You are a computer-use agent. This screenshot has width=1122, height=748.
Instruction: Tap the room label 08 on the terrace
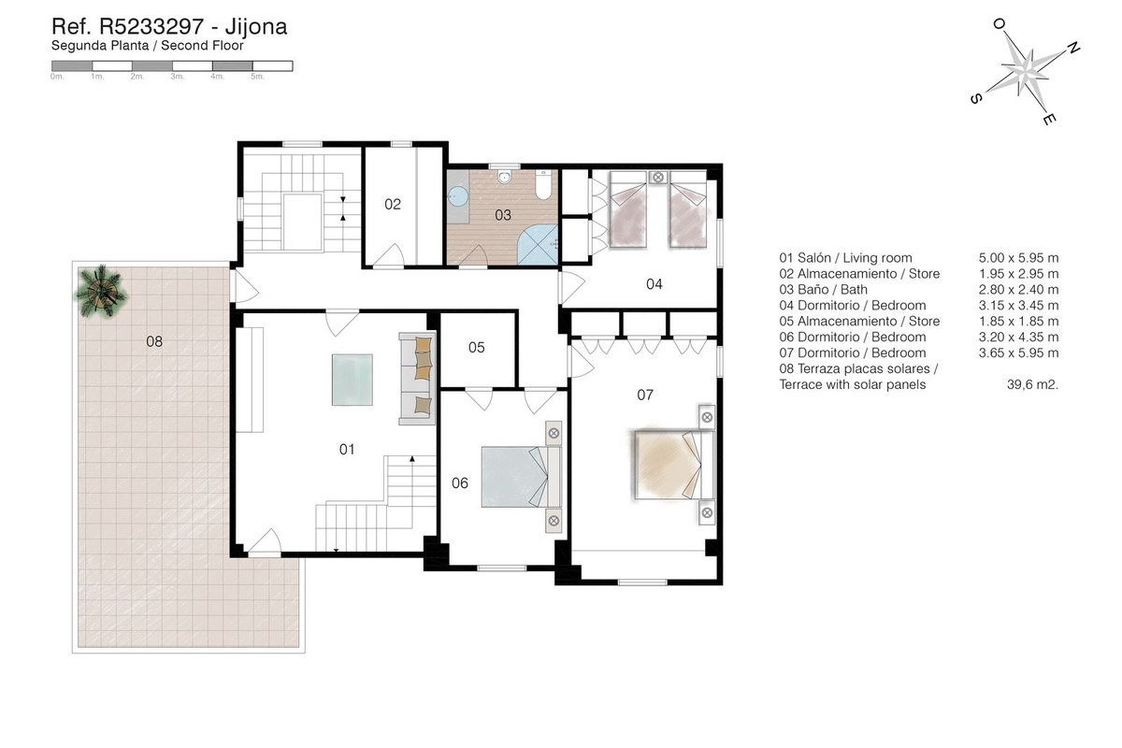coord(154,341)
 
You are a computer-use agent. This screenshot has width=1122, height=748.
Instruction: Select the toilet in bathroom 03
coord(541,186)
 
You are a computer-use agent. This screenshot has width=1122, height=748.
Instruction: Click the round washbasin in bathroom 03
coord(458,195)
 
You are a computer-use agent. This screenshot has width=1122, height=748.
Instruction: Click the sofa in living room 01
coord(418,378)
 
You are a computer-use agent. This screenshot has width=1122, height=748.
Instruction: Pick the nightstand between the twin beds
coord(658,177)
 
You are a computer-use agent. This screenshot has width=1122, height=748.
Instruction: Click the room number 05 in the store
coord(477,348)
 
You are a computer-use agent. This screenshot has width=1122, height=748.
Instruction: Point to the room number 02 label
coord(393,204)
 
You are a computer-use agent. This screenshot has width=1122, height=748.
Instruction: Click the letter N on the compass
coord(1073,48)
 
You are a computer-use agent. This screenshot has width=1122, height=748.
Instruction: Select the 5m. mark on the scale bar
coord(260,77)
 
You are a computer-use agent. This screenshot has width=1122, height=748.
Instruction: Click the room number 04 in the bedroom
coord(654,283)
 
